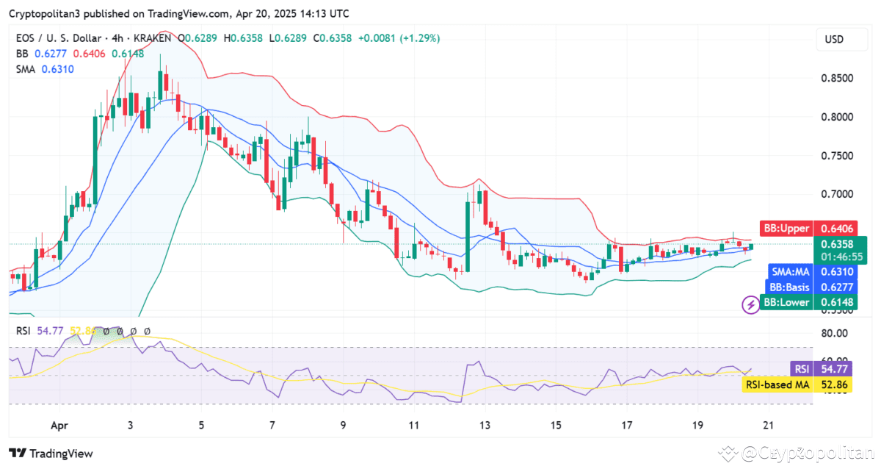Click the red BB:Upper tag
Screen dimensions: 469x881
click(786, 228)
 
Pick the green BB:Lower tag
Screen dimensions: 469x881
click(786, 302)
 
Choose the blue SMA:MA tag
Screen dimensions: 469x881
click(790, 271)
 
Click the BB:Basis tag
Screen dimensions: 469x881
click(789, 287)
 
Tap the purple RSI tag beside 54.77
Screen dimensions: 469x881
click(800, 369)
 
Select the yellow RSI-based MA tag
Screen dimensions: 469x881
click(777, 384)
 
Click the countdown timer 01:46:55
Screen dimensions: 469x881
click(841, 257)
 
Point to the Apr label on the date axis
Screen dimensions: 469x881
click(60, 425)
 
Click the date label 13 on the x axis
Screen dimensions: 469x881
click(485, 425)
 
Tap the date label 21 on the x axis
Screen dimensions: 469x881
click(767, 425)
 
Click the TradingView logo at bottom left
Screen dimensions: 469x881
click(51, 454)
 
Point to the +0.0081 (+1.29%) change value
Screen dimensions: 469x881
click(399, 38)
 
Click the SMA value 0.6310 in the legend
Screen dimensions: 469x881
click(57, 69)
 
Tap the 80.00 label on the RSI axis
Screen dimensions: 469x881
click(834, 333)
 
